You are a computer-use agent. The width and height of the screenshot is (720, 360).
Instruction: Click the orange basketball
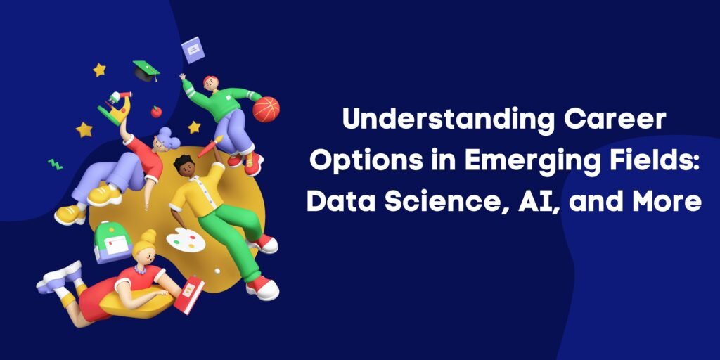pyautogui.click(x=266, y=109)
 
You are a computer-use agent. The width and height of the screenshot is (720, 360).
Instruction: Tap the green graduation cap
pyautogui.click(x=146, y=71)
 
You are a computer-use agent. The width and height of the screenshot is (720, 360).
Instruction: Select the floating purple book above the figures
pyautogui.click(x=193, y=50)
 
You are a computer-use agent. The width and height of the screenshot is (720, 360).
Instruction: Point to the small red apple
pyautogui.click(x=156, y=112)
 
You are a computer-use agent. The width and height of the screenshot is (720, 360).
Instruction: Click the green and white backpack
pyautogui.click(x=112, y=243)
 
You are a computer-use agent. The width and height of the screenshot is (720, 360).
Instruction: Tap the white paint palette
pyautogui.click(x=186, y=240)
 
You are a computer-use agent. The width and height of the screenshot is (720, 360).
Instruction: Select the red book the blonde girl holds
pyautogui.click(x=189, y=295)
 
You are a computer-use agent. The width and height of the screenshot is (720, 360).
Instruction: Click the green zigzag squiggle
pyautogui.click(x=55, y=165)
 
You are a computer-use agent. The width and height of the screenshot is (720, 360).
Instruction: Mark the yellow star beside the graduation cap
pyautogui.click(x=99, y=70)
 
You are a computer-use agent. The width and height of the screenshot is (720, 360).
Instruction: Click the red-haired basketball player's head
pyautogui.click(x=211, y=84)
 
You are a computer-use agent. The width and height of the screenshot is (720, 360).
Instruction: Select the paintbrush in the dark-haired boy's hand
pyautogui.click(x=210, y=146)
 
